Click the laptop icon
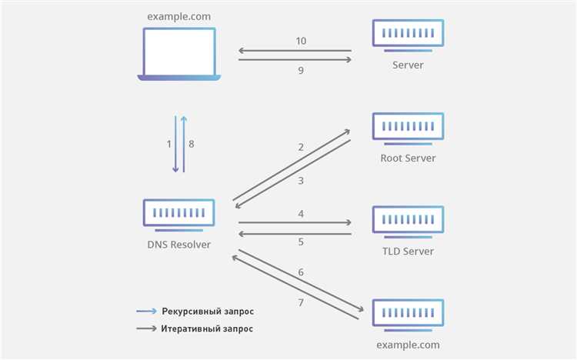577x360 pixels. point(178,54)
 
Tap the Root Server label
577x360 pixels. point(408,158)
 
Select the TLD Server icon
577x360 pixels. point(408,222)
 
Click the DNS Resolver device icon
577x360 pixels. point(178,215)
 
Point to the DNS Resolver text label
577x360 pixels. point(178,245)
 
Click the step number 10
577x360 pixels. point(301,41)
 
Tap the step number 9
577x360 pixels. point(301,70)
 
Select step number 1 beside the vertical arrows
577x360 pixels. point(169,144)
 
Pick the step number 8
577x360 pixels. point(192,144)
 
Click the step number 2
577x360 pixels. point(301,147)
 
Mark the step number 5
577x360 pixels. point(301,242)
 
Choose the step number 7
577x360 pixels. point(301,302)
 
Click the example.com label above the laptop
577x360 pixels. point(178,17)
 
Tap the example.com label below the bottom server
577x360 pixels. point(408,345)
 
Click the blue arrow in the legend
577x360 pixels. point(146,312)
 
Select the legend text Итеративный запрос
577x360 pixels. point(207,328)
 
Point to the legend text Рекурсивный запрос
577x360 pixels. point(208,312)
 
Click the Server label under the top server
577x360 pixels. point(408,65)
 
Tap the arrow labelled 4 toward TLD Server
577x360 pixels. point(295,222)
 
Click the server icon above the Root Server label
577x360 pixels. point(408,128)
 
